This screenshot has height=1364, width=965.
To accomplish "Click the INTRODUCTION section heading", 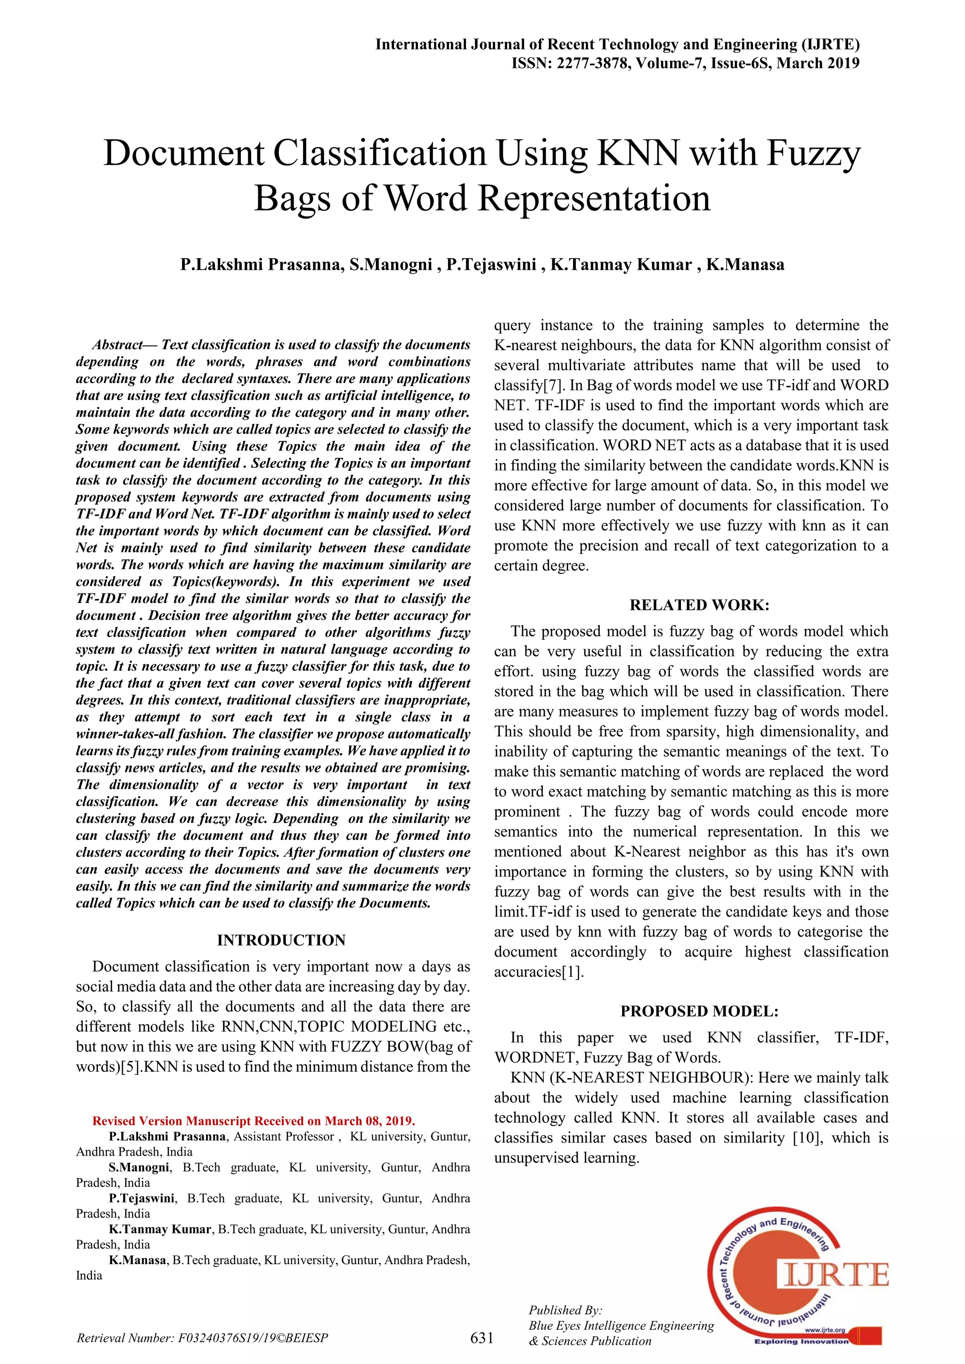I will (281, 940).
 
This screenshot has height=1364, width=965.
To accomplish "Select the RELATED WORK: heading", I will (699, 605).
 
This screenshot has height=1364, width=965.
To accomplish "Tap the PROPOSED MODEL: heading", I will (699, 1011).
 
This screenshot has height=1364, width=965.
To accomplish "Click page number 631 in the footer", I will (482, 1337).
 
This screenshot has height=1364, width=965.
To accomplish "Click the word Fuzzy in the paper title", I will (813, 153).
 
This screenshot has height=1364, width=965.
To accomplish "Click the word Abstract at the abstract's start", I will (117, 345).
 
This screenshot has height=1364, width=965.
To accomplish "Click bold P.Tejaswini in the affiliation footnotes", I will (142, 1198).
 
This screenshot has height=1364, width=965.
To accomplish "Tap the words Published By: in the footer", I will (566, 1309).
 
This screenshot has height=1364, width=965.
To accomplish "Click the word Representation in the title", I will (594, 198).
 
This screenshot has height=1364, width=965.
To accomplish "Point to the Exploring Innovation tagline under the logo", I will (801, 1341).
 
